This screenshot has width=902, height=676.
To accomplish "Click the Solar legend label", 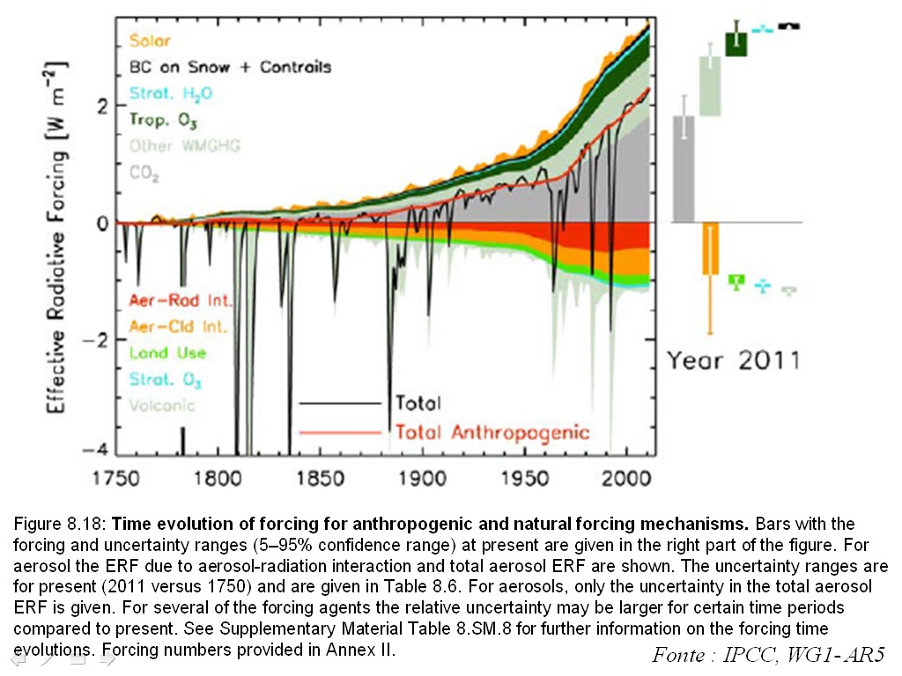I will pos(150,40).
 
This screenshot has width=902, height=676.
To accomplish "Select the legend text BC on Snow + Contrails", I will pos(230,67).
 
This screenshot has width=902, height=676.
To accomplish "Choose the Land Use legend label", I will pos(167,353).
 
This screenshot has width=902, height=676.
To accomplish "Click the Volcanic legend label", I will pos(162,406).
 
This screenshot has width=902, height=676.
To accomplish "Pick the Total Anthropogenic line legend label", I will pos(492,432).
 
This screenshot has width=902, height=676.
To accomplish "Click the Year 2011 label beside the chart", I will pos(733,360).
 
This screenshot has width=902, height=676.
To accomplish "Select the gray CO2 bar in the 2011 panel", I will pos(684,168).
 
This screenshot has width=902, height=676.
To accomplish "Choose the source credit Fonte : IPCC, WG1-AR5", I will pos(767,655).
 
